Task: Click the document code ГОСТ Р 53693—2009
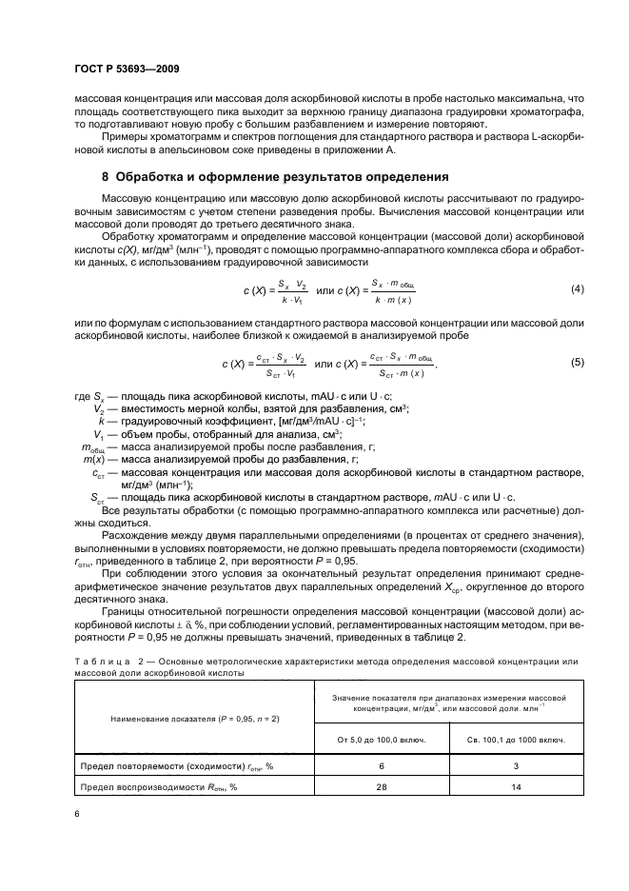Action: (126, 69)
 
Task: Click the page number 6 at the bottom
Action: (78, 814)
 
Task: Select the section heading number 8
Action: (105, 176)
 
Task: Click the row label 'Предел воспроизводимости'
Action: (163, 788)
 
